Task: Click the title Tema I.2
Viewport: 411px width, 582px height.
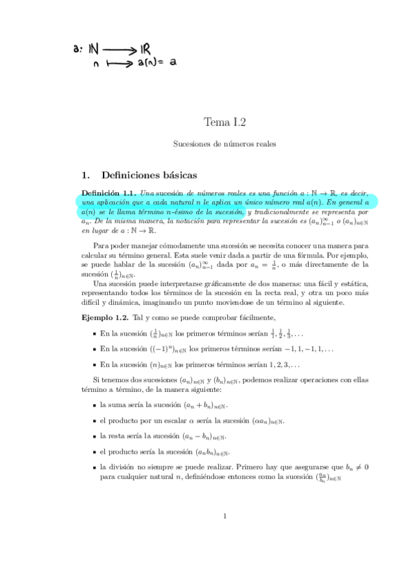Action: [224, 122]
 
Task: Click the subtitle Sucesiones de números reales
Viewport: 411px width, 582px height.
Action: [224, 144]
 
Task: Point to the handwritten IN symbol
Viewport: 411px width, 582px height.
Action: [94, 49]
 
